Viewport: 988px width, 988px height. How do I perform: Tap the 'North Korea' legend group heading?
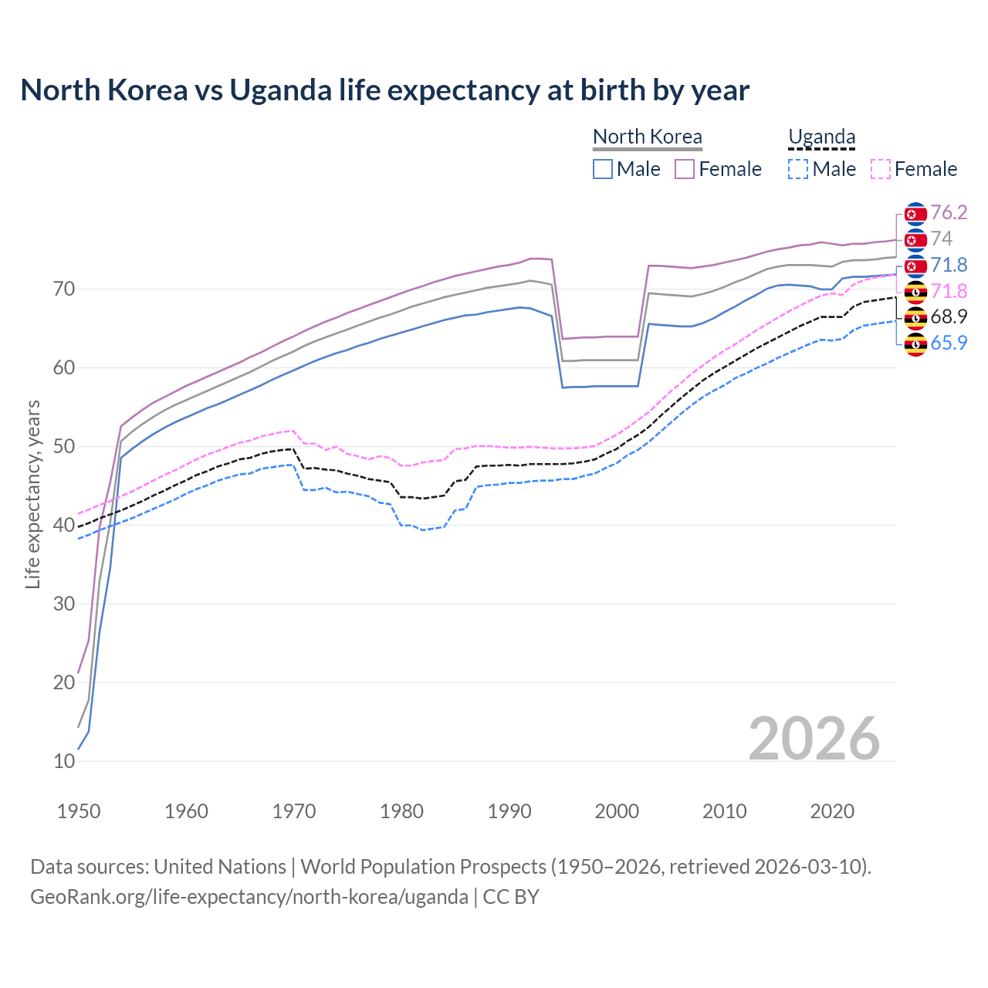[x=647, y=137]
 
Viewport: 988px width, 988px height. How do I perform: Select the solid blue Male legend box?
[x=603, y=169]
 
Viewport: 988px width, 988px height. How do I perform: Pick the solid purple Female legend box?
[x=685, y=169]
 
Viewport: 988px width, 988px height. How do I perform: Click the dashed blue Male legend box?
[x=798, y=169]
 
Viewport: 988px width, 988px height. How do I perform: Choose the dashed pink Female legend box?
[x=880, y=169]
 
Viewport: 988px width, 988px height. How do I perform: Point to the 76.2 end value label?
[x=949, y=212]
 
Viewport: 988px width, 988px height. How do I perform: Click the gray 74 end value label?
[x=941, y=239]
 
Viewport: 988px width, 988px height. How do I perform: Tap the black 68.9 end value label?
[x=949, y=316]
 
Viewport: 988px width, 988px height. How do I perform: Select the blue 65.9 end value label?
[x=949, y=343]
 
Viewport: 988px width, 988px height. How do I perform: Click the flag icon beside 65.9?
[x=915, y=344]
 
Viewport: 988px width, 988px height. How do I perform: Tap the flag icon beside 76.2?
[x=915, y=214]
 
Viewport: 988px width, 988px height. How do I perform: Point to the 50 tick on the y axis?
[x=64, y=446]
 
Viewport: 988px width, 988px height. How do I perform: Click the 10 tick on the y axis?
[x=64, y=761]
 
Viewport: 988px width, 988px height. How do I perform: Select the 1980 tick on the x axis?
[x=401, y=811]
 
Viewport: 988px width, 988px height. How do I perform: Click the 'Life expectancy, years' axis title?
[x=33, y=494]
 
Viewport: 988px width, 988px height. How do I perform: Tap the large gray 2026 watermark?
[x=814, y=739]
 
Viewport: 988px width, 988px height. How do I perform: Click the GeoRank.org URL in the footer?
[x=249, y=897]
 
